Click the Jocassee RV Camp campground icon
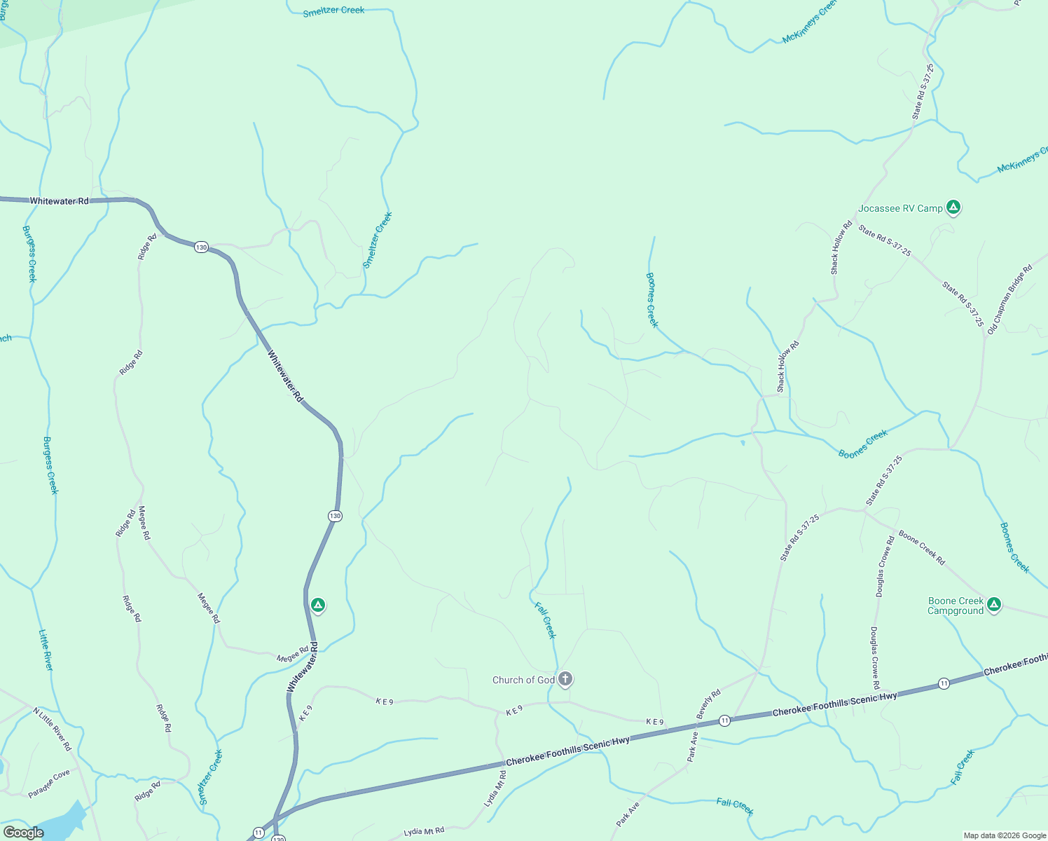(953, 207)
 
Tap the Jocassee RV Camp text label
(900, 208)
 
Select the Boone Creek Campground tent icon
(993, 605)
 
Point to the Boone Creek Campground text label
(956, 606)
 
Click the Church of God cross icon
(565, 679)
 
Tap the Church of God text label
(523, 680)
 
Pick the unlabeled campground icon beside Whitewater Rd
(318, 605)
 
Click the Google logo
(23, 833)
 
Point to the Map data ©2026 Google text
(1004, 835)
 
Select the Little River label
(46, 650)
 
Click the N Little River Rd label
(53, 729)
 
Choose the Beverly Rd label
(708, 704)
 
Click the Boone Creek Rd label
(922, 548)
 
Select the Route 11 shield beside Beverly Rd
(724, 720)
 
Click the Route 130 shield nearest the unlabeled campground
(335, 516)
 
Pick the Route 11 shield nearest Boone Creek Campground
(944, 683)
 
